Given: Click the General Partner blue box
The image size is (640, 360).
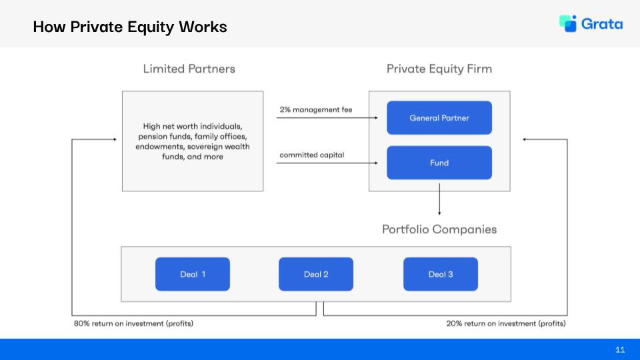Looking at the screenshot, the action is pyautogui.click(x=439, y=118).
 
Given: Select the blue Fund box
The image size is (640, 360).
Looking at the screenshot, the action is pyautogui.click(x=439, y=163).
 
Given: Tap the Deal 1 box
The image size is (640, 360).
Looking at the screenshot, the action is pyautogui.click(x=193, y=274).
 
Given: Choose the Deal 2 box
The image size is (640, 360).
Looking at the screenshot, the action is pyautogui.click(x=316, y=274).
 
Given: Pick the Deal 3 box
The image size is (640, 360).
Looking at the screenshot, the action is pyautogui.click(x=441, y=274).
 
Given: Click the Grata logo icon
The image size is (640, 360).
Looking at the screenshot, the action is pyautogui.click(x=568, y=23).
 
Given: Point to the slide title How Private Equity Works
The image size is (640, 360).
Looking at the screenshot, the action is pyautogui.click(x=130, y=27).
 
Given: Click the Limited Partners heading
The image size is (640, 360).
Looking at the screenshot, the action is pyautogui.click(x=189, y=69).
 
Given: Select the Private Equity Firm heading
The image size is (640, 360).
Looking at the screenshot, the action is pyautogui.click(x=439, y=69).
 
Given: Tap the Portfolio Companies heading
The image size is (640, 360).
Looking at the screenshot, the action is pyautogui.click(x=439, y=229).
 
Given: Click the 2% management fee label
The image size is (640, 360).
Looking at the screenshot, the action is pyautogui.click(x=316, y=109).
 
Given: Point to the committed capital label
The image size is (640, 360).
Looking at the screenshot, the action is pyautogui.click(x=312, y=155).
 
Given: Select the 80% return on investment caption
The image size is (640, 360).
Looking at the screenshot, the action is pyautogui.click(x=134, y=324).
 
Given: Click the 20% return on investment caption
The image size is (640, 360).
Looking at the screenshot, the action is pyautogui.click(x=506, y=324).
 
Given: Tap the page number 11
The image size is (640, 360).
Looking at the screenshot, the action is pyautogui.click(x=620, y=349).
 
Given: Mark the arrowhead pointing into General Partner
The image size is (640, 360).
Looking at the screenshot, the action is pyautogui.click(x=383, y=118).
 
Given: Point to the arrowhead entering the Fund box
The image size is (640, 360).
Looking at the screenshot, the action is pyautogui.click(x=383, y=163).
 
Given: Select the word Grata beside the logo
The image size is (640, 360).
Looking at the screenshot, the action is pyautogui.click(x=602, y=24).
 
